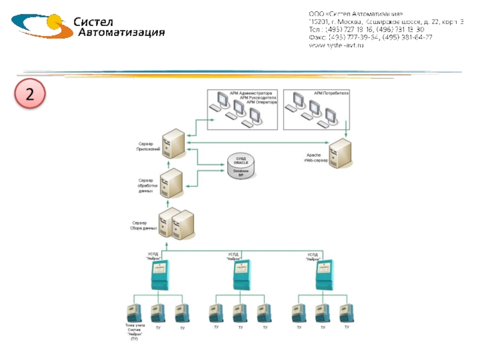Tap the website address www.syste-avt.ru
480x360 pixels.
[x=337, y=46]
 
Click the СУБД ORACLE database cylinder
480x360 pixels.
[x=240, y=166]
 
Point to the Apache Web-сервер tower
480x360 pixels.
[x=340, y=154]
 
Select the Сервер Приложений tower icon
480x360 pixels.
[x=175, y=143]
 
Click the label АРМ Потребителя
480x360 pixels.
[x=331, y=94]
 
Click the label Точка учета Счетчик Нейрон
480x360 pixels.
[x=131, y=332]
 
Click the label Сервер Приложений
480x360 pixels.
[x=148, y=146]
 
